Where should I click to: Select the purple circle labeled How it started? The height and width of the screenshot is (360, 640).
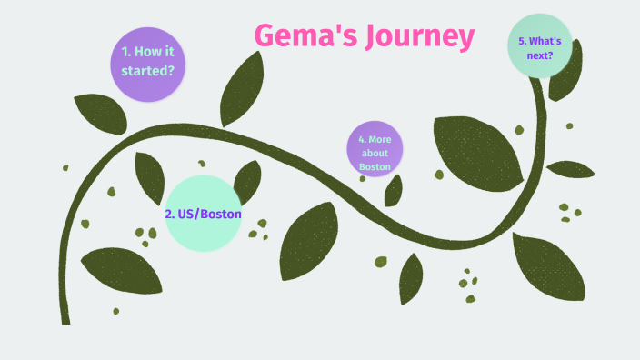pyautogui.click(x=148, y=60)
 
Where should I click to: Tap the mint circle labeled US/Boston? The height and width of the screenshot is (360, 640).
pyautogui.click(x=203, y=214)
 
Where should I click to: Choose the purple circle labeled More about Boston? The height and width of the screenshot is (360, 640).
pyautogui.click(x=375, y=150)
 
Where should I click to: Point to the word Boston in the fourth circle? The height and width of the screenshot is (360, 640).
pyautogui.click(x=375, y=166)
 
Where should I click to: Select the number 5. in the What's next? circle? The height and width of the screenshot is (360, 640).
pyautogui.click(x=523, y=41)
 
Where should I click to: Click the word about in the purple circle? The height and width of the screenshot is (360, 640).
pyautogui.click(x=375, y=153)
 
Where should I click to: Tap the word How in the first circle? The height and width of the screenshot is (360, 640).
pyautogui.click(x=151, y=52)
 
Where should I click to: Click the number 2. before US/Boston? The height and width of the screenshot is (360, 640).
pyautogui.click(x=170, y=215)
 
